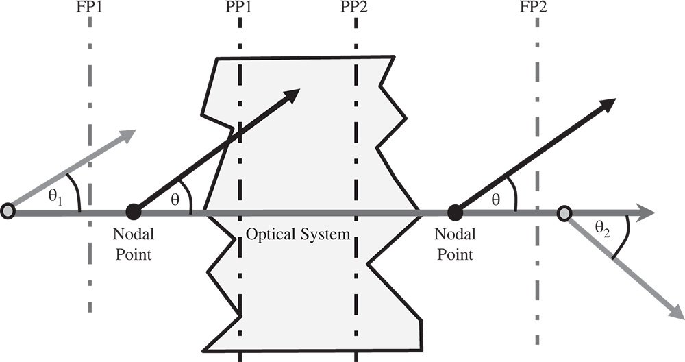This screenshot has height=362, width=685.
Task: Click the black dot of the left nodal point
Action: [134, 213]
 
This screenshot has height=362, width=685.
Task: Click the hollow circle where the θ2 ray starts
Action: [563, 214]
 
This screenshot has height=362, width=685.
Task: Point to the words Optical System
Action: [298, 234]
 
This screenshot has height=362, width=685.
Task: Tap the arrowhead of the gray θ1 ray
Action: [129, 134]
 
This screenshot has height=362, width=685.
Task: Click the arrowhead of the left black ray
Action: [292, 95]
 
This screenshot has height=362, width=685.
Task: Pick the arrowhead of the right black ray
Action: [608, 104]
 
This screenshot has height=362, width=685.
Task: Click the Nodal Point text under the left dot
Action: [134, 245]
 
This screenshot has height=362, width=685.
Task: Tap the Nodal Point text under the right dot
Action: [453, 245]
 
